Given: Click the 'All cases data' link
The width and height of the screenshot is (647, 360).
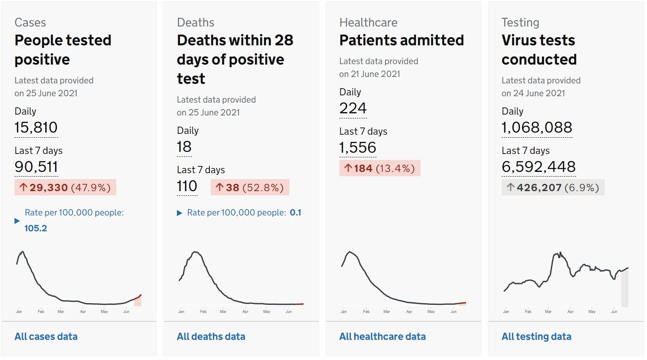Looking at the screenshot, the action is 46,336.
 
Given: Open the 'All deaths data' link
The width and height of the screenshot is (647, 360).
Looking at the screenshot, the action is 211,336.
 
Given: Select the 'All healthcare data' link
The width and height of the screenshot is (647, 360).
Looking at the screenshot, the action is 382,336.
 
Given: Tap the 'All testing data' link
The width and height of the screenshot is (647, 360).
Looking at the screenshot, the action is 536,336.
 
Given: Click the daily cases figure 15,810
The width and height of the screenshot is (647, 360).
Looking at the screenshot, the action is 36,127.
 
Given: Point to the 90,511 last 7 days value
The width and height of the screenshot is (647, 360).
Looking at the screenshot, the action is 36,167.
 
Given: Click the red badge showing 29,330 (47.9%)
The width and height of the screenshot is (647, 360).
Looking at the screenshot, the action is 65,188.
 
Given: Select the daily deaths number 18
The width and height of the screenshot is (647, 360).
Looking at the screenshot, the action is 184,147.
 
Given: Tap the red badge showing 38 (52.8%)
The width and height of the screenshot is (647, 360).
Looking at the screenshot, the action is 250,188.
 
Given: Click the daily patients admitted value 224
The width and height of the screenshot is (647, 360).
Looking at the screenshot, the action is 353,108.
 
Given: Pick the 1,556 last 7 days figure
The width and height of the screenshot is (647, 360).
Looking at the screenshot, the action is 358,148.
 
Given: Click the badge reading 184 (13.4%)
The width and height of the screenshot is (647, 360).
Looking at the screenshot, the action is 380,168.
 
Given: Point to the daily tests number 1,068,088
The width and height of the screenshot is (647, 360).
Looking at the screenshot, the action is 537,127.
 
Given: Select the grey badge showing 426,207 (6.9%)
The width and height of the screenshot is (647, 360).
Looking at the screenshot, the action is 553,188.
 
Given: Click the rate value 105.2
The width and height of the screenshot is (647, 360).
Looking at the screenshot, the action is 35,228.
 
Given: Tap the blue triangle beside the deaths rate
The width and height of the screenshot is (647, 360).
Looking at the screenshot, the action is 179,213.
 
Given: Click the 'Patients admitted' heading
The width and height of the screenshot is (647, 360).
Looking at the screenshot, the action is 401,40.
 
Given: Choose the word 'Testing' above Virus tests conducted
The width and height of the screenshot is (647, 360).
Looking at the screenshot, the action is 520,23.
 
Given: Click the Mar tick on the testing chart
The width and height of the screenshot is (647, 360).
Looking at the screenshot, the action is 548,311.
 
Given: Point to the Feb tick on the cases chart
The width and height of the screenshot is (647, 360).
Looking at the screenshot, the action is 41,311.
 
